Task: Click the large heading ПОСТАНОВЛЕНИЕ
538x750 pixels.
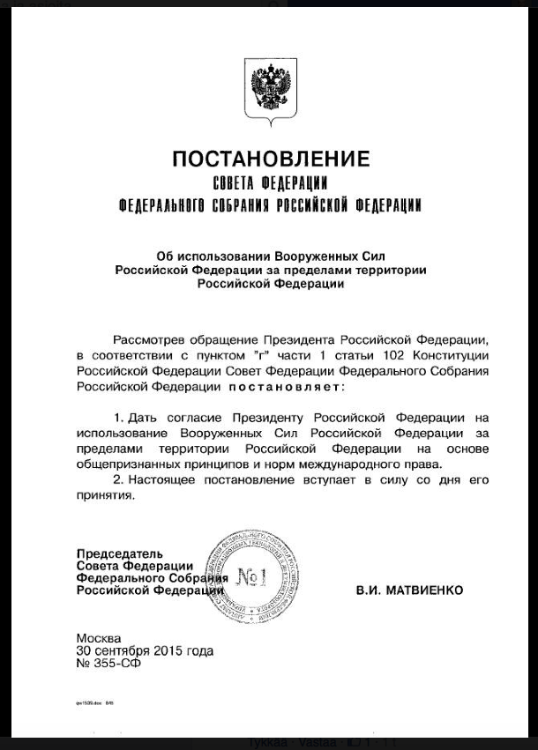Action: [x=271, y=160]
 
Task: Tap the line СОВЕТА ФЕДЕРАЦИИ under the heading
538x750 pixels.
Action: [x=271, y=184]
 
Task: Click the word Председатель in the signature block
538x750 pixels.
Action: [x=107, y=553]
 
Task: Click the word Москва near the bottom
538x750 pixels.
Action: [x=99, y=638]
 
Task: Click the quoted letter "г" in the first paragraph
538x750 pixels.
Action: [x=260, y=354]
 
